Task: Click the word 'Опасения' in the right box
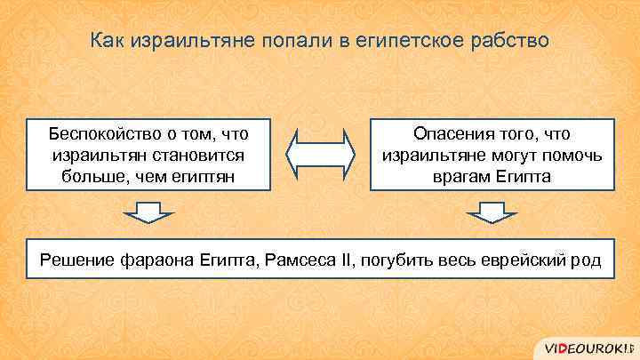(450, 133)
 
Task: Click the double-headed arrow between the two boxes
(320, 154)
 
